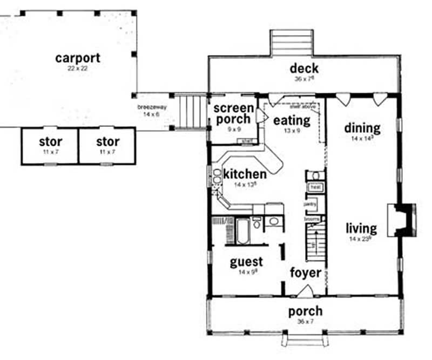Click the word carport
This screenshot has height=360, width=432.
(78, 58)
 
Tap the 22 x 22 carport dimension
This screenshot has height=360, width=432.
(78, 69)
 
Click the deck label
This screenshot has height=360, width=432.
(304, 69)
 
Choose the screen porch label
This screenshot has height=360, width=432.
(233, 113)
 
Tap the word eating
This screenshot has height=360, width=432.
(292, 120)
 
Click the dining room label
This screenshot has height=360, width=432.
(362, 128)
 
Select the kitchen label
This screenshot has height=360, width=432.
(245, 174)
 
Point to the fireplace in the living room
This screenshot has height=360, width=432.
(404, 220)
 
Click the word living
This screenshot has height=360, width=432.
(361, 228)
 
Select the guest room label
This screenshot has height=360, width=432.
(246, 262)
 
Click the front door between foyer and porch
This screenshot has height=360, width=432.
(305, 291)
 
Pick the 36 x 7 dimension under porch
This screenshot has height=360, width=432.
(305, 322)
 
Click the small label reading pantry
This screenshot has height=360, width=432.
(310, 205)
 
